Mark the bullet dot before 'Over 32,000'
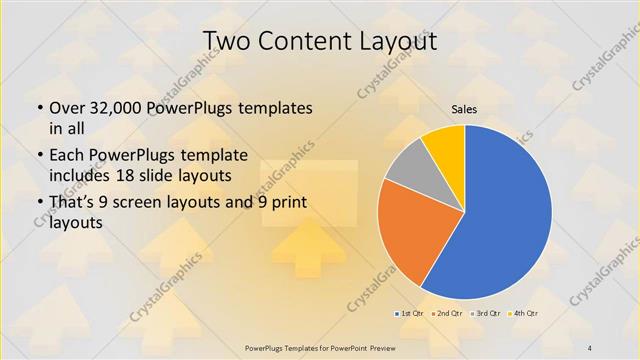pos(39,108)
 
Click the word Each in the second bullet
pos(67,155)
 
